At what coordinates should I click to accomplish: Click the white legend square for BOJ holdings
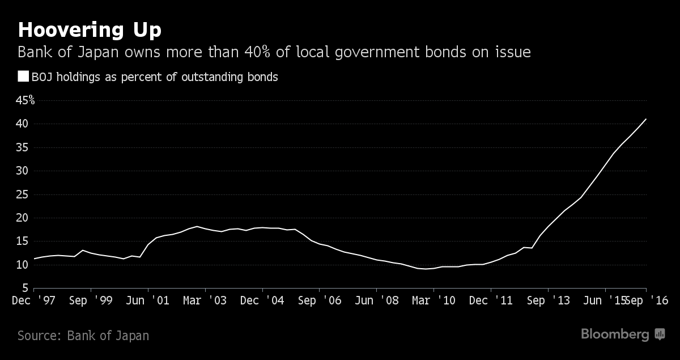tap(23, 77)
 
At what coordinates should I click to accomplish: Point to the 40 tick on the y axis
tap(23, 124)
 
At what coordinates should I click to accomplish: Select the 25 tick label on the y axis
tap(23, 194)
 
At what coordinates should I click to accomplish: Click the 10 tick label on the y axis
tap(23, 265)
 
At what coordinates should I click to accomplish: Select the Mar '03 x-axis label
tap(206, 300)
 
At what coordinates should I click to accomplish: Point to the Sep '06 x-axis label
tap(320, 300)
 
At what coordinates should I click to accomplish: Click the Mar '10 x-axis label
tap(434, 300)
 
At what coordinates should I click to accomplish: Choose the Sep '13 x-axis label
tap(548, 300)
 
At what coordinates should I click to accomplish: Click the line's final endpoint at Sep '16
tap(646, 119)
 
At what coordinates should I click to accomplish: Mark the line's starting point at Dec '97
tap(35, 259)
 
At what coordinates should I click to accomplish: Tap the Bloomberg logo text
tap(615, 334)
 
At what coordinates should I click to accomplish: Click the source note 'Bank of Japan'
tap(108, 336)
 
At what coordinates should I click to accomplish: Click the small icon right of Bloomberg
tap(660, 334)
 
